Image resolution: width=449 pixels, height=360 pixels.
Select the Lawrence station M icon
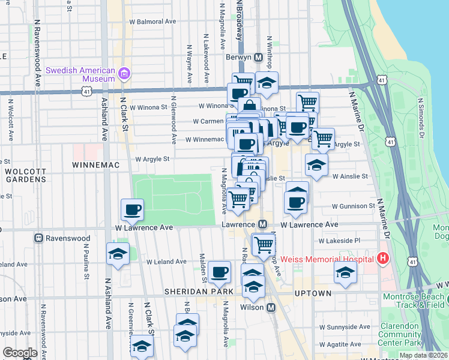point(262,224)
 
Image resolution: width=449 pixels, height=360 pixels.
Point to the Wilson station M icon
point(271,307)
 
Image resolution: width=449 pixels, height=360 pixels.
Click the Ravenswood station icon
point(39,238)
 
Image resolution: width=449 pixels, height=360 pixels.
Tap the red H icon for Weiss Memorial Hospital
point(382,259)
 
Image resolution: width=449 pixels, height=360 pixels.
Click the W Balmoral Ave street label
point(153,21)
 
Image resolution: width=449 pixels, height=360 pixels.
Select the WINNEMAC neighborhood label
point(95,164)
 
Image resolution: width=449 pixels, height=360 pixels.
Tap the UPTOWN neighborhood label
point(313,293)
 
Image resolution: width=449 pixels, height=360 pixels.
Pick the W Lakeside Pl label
point(339,241)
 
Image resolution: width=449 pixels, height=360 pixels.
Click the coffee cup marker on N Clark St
point(132,210)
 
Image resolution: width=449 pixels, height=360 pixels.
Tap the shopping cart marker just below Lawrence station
point(264,244)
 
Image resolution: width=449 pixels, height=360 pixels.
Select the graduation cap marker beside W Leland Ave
point(118,254)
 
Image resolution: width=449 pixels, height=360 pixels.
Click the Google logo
point(20,353)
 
